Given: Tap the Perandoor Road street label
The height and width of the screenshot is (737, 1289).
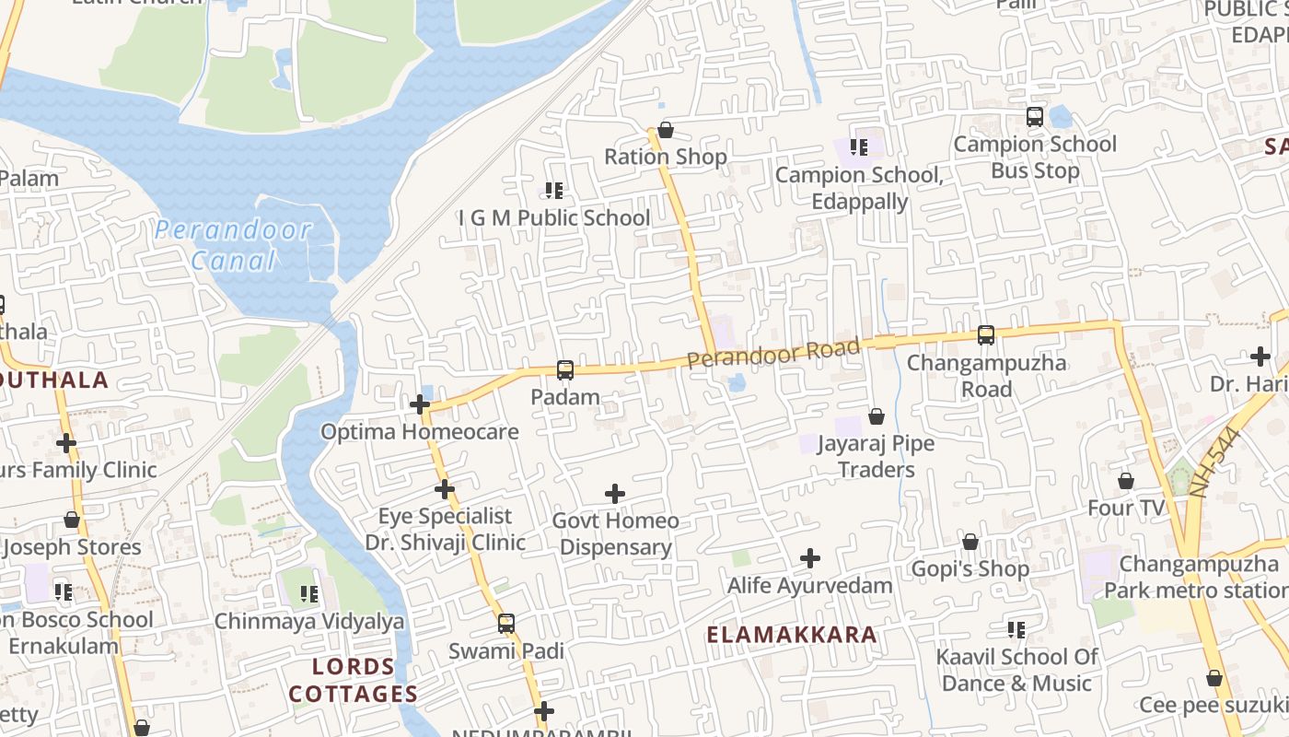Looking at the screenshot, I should tap(773, 352).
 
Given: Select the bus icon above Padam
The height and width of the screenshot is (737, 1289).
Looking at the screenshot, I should tap(565, 370).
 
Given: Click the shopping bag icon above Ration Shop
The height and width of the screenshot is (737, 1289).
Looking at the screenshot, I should tap(665, 130).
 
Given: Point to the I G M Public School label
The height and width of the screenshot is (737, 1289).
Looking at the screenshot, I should tap(554, 218).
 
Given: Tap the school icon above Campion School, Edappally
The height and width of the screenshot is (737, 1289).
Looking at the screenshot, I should tap(859, 147).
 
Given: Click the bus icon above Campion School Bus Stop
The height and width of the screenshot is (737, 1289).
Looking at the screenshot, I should tap(1035, 117).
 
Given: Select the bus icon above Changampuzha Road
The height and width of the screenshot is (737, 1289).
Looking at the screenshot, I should tap(986, 335).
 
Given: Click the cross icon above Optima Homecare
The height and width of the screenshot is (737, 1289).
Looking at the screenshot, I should tap(420, 404).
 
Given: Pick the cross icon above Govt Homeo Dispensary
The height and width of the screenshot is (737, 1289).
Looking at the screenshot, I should tap(615, 494).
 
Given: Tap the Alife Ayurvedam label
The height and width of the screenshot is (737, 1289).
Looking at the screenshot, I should tap(810, 586).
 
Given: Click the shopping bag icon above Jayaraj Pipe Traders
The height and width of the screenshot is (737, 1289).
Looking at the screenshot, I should tap(877, 416).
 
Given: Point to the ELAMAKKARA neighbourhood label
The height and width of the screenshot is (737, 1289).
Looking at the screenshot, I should tap(792, 635).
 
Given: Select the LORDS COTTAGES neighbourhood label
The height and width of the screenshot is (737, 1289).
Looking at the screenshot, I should tap(354, 680).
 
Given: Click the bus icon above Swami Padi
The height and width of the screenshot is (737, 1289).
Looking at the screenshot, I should tap(506, 624).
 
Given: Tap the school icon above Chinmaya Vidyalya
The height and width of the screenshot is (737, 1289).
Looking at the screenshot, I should tap(309, 594).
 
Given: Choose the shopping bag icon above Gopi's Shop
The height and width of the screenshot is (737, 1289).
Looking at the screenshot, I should tap(970, 542).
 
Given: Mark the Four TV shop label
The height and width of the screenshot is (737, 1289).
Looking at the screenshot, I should tap(1125, 509).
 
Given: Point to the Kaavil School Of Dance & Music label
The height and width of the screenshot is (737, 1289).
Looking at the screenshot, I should tap(1016, 671).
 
